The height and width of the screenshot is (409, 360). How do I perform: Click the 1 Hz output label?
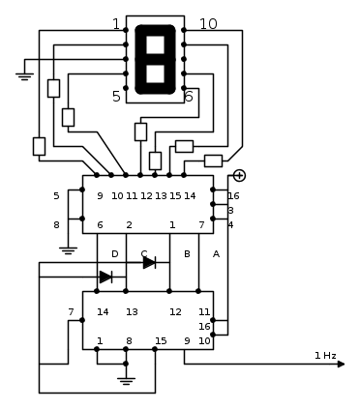325,356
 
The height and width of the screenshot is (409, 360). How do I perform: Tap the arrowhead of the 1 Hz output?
341,365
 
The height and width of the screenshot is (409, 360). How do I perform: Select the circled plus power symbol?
239,175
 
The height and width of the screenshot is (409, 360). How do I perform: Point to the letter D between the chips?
115,254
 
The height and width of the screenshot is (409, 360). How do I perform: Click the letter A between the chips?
216,254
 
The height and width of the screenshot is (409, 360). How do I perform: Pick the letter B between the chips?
187,254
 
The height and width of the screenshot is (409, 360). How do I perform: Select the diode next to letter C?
150,263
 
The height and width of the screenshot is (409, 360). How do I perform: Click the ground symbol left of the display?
24,76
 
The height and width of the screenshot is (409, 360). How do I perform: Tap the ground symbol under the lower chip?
126,381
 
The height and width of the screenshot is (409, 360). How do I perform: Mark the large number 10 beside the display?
208,24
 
